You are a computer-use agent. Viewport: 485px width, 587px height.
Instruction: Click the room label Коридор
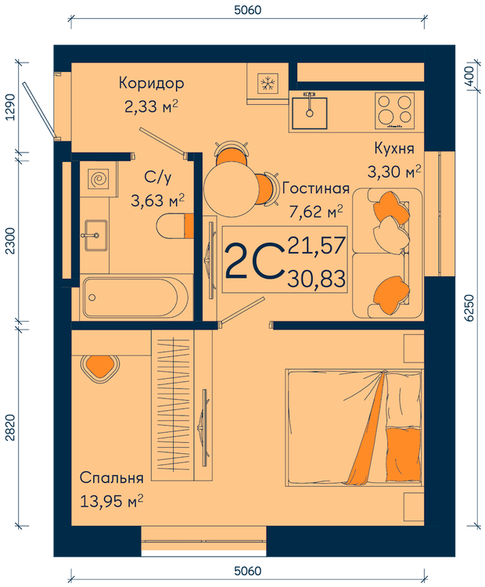click(151, 84)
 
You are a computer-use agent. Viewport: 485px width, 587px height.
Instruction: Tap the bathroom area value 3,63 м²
click(157, 200)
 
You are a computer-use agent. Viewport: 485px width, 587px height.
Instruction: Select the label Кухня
click(394, 148)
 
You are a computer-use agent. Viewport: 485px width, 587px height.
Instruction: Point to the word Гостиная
click(316, 189)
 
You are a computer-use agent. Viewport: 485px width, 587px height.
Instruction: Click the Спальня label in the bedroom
click(112, 478)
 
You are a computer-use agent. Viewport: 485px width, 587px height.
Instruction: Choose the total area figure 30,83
click(316, 279)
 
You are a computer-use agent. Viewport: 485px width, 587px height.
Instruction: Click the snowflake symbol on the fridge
click(268, 83)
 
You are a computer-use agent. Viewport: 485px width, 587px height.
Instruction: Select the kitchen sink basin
click(310, 113)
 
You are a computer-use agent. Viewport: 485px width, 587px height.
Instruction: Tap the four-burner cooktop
click(394, 111)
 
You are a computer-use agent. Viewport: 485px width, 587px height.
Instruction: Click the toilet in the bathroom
click(175, 226)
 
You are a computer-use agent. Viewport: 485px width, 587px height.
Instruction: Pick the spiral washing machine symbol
click(99, 178)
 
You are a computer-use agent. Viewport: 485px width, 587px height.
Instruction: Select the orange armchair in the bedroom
click(100, 367)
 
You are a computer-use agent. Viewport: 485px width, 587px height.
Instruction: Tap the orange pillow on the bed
click(404, 455)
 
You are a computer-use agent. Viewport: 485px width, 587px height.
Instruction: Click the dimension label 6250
click(469, 308)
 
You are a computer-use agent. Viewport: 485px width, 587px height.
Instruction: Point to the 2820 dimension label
click(10, 427)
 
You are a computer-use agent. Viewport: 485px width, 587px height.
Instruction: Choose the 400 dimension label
click(469, 76)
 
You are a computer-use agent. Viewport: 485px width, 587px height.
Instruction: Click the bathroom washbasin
click(96, 236)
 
